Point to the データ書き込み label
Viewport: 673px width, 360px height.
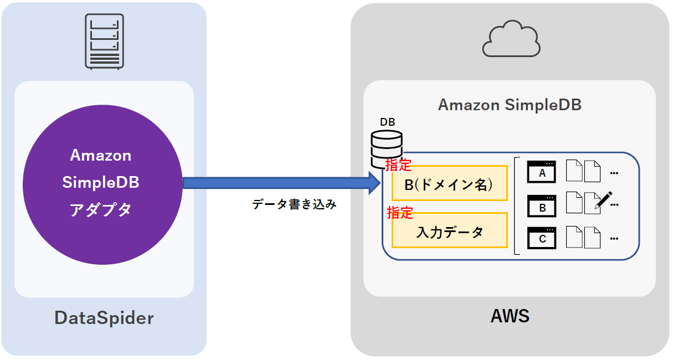click(x=294, y=204)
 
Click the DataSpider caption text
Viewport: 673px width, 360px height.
click(x=104, y=318)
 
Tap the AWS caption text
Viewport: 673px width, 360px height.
click(x=510, y=316)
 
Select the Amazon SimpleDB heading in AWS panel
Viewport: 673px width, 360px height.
click(x=510, y=105)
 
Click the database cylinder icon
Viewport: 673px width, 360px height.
click(x=387, y=147)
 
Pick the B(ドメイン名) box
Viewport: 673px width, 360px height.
click(x=449, y=184)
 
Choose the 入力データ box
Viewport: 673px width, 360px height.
click(x=449, y=231)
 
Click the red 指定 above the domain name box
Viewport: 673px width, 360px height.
click(x=399, y=164)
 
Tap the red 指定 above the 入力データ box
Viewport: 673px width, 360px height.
click(x=399, y=212)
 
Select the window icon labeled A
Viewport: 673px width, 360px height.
click(x=542, y=172)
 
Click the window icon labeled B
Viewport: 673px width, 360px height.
click(x=542, y=206)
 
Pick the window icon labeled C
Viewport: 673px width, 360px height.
click(x=542, y=238)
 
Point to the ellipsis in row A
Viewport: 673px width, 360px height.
click(x=614, y=173)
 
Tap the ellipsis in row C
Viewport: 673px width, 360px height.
click(x=614, y=239)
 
